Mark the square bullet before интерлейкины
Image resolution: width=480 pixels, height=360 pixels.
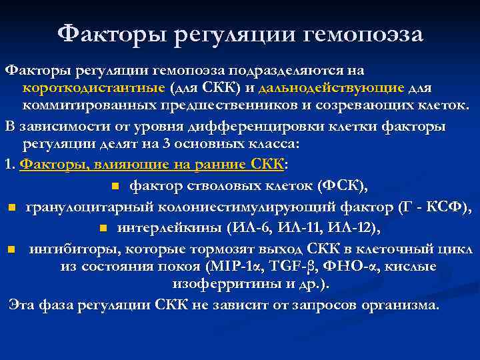103,229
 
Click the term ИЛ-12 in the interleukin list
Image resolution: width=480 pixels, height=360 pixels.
355,229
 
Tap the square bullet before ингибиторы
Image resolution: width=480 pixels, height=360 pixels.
11,250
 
